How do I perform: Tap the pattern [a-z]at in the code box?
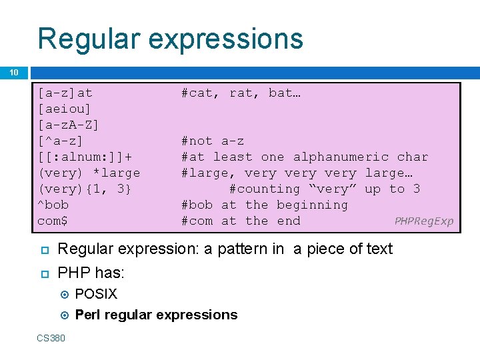click(x=65, y=93)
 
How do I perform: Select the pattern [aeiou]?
click(x=65, y=109)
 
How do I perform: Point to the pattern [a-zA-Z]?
click(x=69, y=125)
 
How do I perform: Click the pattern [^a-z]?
click(x=61, y=141)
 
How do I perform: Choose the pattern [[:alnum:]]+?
click(x=85, y=157)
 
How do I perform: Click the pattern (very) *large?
click(x=89, y=173)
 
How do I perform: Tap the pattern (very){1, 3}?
click(x=85, y=189)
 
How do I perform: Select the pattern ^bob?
click(x=53, y=205)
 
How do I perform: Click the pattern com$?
click(x=53, y=221)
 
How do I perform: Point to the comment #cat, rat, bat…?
click(x=241, y=93)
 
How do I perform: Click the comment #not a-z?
click(x=213, y=141)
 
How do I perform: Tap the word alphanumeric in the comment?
click(x=341, y=157)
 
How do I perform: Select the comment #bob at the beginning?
click(x=265, y=205)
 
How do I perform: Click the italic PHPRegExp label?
click(x=423, y=221)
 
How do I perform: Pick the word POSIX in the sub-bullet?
click(x=96, y=294)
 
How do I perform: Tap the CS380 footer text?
click(x=51, y=338)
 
